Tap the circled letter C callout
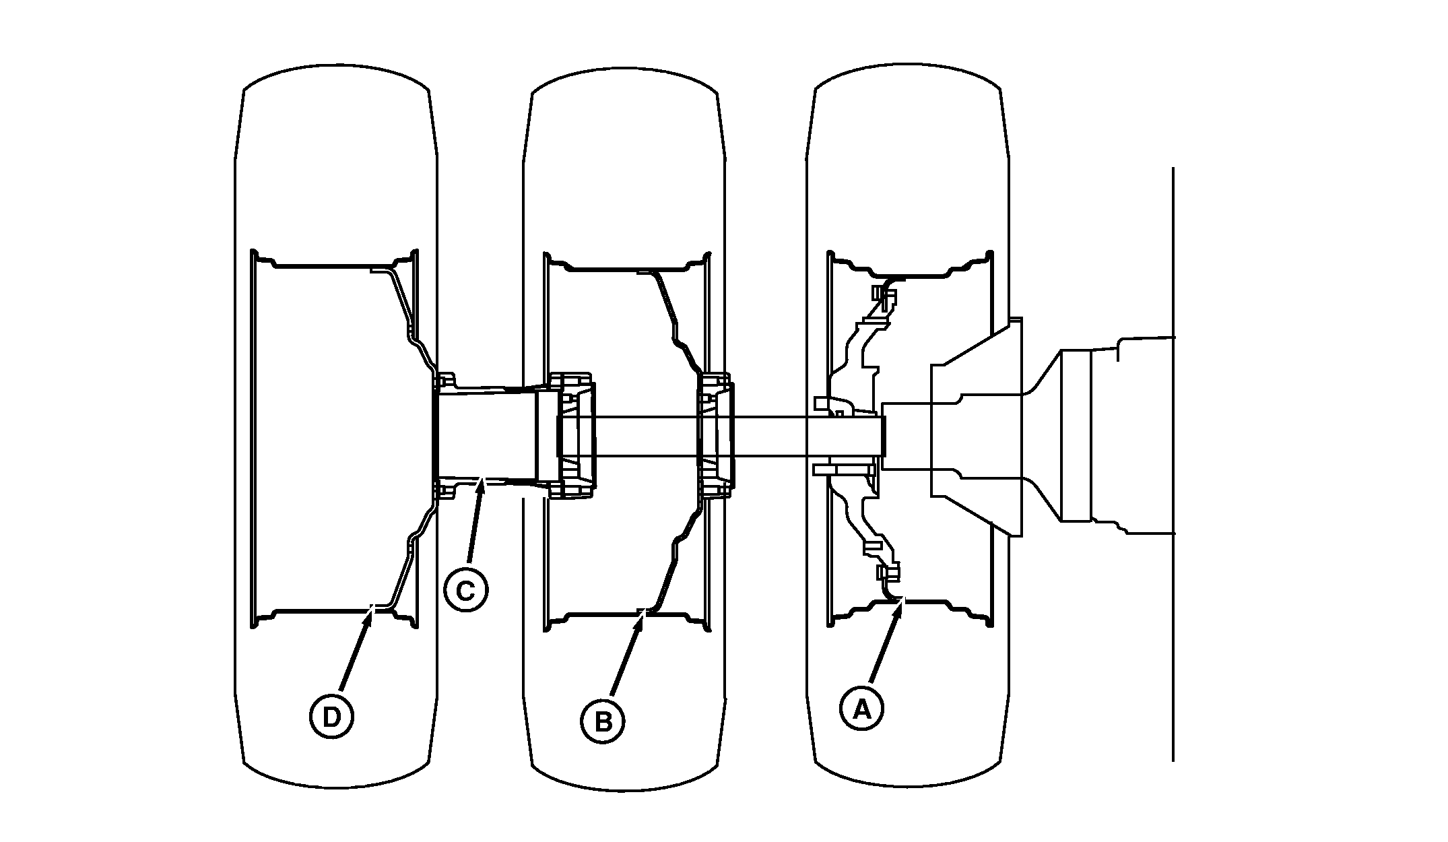pyautogui.click(x=466, y=590)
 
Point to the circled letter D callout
pyautogui.click(x=331, y=718)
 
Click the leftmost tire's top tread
pyautogui.click(x=337, y=74)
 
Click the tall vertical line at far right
pyautogui.click(x=1173, y=464)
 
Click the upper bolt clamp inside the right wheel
pyautogui.click(x=882, y=294)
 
